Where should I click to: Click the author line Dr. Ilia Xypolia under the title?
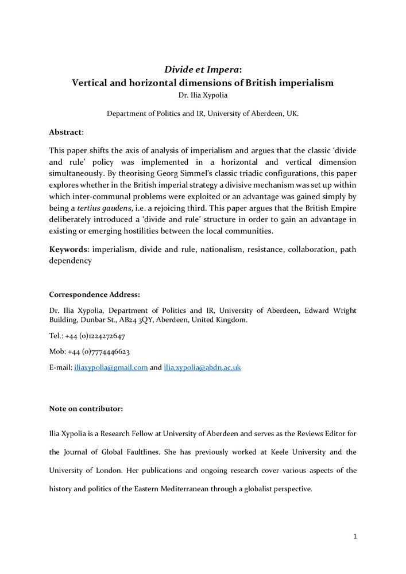(x=203, y=95)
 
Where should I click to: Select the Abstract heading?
(x=66, y=131)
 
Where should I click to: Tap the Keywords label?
(x=68, y=250)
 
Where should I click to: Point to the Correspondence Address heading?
(x=94, y=294)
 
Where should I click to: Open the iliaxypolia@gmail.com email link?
(x=111, y=367)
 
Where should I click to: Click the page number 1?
(x=355, y=537)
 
